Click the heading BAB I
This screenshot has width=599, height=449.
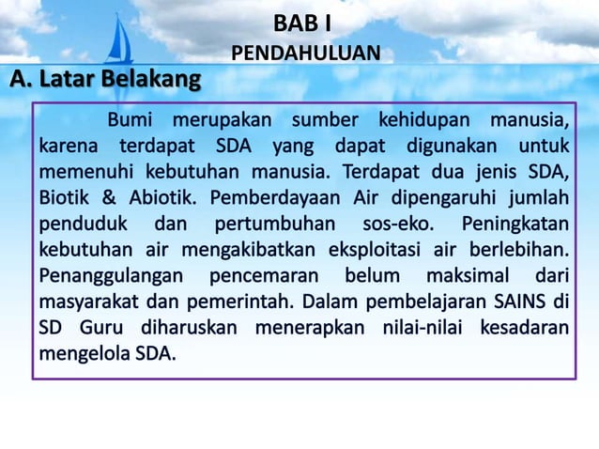pos(301,21)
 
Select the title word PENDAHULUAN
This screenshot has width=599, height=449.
pos(306,54)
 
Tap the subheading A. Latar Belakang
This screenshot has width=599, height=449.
pos(105,81)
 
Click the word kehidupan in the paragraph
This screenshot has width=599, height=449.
pos(423,121)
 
